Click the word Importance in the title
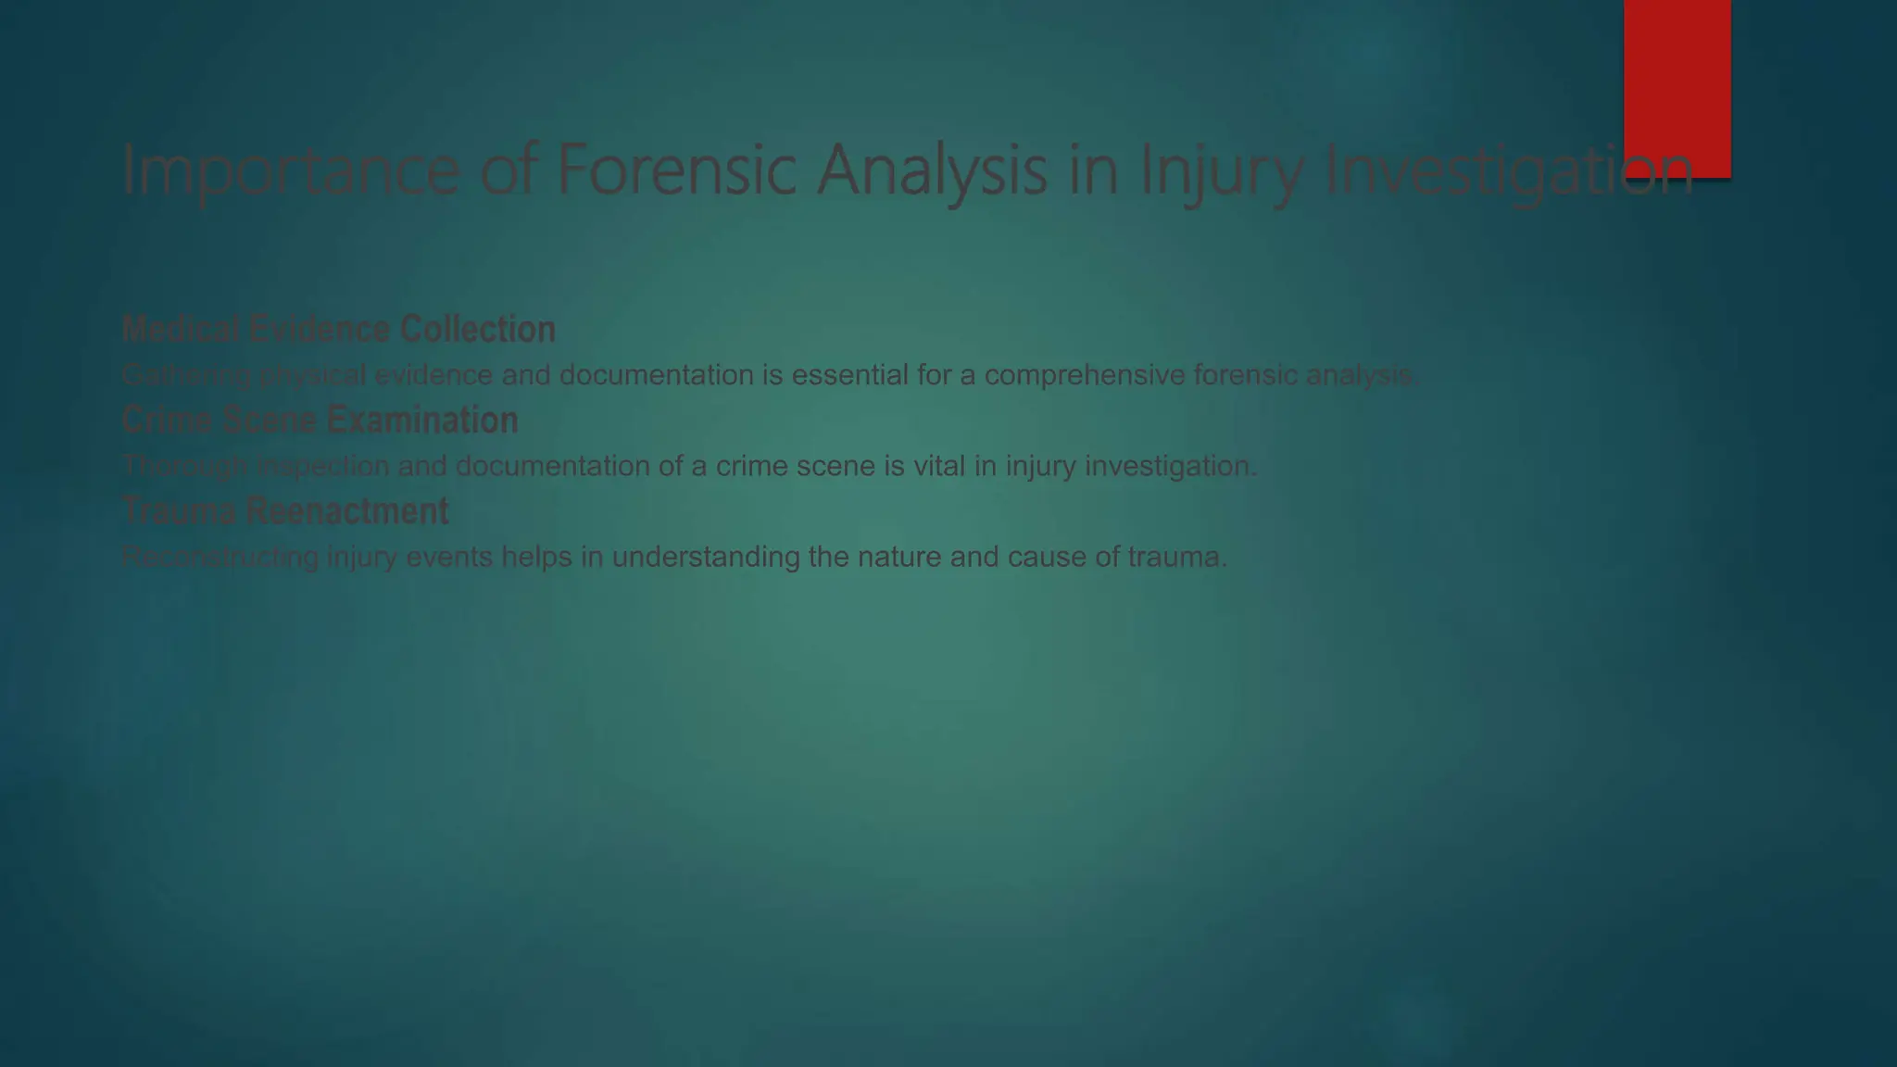pyautogui.click(x=290, y=171)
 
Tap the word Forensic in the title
pyautogui.click(x=676, y=169)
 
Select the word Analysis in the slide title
pyautogui.click(x=932, y=171)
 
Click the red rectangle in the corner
pyautogui.click(x=1677, y=74)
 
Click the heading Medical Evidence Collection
pyautogui.click(x=339, y=329)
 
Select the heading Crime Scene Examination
pyautogui.click(x=320, y=420)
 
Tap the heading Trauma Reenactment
pyautogui.click(x=285, y=510)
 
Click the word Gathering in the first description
pyautogui.click(x=185, y=375)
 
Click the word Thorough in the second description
pyautogui.click(x=184, y=466)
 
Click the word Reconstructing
pyautogui.click(x=220, y=557)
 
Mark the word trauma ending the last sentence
pyautogui.click(x=1176, y=557)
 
